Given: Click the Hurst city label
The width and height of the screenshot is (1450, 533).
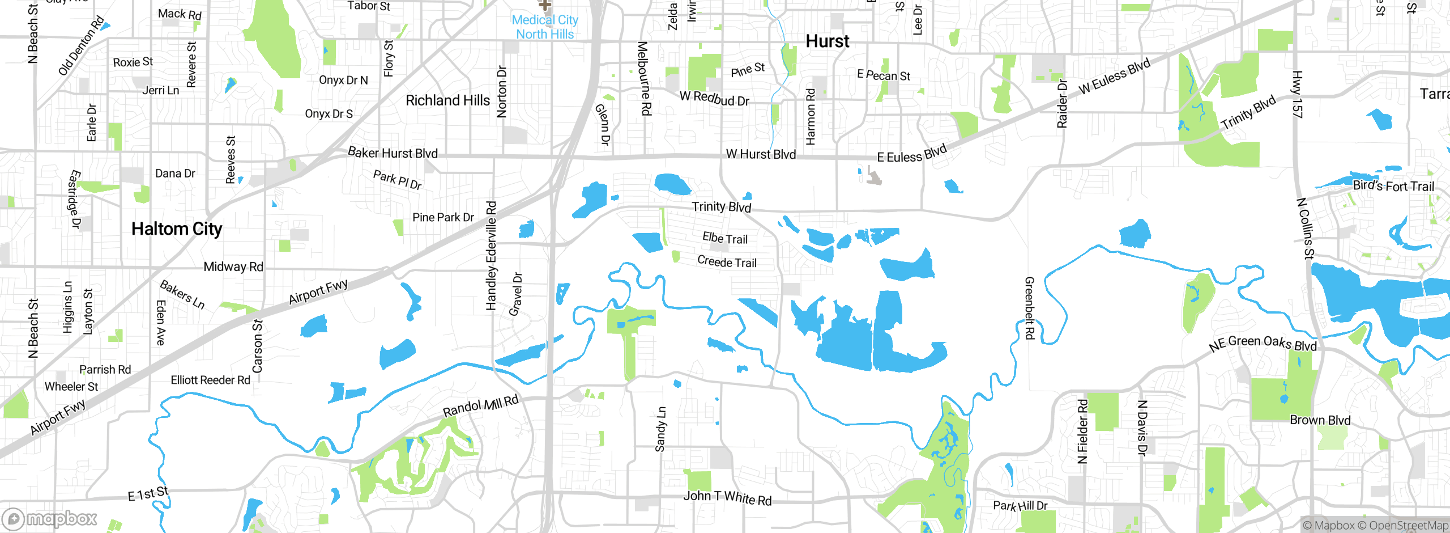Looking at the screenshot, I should [x=827, y=41].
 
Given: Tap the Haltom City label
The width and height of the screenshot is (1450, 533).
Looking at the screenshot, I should [x=177, y=229].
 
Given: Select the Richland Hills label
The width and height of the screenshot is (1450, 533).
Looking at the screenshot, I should [x=447, y=100].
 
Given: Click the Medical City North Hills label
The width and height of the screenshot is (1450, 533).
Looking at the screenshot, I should [x=545, y=27].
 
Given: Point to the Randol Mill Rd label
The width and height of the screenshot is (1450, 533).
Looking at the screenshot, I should [x=480, y=407].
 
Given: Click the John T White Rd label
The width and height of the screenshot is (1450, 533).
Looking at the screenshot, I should [x=727, y=497].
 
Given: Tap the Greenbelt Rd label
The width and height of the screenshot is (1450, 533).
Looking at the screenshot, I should [x=1029, y=308].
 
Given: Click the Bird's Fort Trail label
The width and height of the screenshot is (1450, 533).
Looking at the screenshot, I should [x=1393, y=186].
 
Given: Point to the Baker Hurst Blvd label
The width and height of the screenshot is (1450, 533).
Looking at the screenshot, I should [x=393, y=153].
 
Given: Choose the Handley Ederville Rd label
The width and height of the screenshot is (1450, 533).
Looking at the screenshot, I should [x=491, y=256].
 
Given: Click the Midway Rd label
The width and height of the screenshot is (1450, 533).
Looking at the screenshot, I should [x=233, y=266].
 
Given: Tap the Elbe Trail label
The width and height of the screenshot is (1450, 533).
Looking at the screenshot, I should [x=725, y=238].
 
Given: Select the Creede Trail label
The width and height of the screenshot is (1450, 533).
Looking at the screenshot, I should [x=727, y=262].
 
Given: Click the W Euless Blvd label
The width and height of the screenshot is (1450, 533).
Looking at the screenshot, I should [x=1114, y=76].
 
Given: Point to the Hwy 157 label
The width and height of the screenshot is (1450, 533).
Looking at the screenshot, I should [x=1297, y=95].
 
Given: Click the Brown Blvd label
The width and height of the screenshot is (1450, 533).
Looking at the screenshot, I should [x=1320, y=420].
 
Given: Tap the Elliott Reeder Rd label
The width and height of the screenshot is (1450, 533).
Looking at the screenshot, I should [x=210, y=380].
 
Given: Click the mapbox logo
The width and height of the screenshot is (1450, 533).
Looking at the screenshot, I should [x=50, y=518].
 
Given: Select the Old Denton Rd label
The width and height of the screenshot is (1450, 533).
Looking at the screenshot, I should [x=82, y=46].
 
